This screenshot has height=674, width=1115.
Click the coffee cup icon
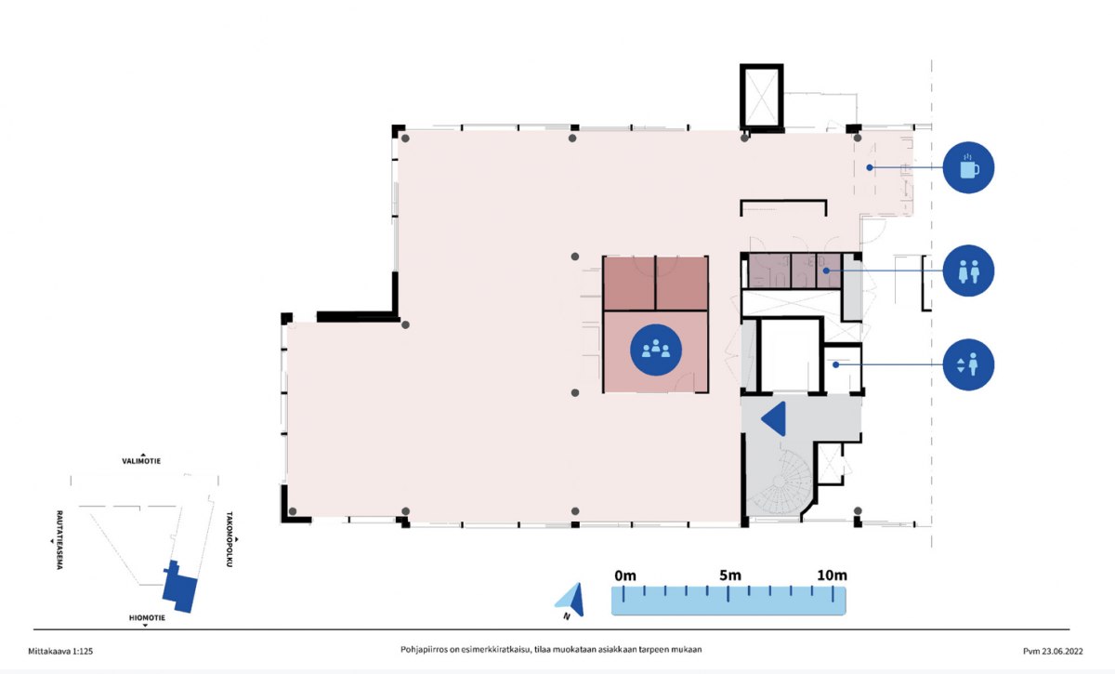coord(968,167)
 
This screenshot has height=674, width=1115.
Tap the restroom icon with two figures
coord(968,271)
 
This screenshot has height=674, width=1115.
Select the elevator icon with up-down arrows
coord(968,364)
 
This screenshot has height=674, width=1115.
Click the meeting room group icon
coord(656,350)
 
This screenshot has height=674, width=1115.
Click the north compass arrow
coord(571,600)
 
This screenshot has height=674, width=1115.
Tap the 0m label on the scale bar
coord(625,575)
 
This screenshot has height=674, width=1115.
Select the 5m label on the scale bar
coord(729,575)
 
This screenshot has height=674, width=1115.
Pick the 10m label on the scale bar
coord(832,575)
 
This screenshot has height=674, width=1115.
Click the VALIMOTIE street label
coord(141,461)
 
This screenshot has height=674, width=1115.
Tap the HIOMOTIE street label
coord(147,617)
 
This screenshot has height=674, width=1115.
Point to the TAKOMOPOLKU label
coord(230,539)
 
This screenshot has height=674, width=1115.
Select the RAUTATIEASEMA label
coord(59,540)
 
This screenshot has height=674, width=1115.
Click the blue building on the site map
coord(180,588)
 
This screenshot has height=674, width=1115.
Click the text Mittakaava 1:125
coord(60,651)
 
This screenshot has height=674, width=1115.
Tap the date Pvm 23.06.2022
coord(1053,651)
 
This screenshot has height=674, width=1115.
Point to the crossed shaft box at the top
coord(762,96)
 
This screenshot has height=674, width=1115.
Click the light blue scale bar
coord(728,601)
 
